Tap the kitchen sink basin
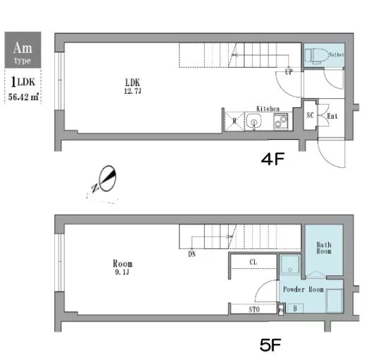coord(254,121)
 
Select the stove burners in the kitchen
coord(281,121)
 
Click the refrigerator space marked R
coord(234,121)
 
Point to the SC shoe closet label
coord(310,115)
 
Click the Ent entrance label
coord(332,116)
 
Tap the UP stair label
coord(289,72)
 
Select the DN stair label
coord(192,254)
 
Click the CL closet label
coord(253,262)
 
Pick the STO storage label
coord(254,309)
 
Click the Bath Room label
coord(324,248)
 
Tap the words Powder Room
coord(304,289)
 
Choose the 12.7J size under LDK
coord(133,91)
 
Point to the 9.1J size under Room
coord(122,272)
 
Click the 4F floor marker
coord(272,159)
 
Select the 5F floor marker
coord(270,344)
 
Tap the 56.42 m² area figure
coord(23,97)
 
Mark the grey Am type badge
coord(23,50)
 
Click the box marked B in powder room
coord(295,308)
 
